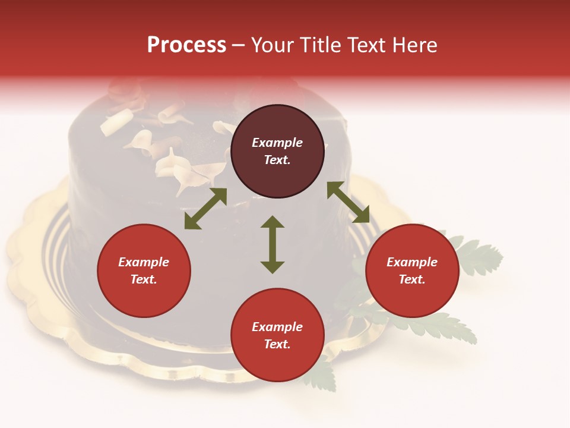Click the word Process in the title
click(186, 45)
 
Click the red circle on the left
click(144, 295)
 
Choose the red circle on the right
click(412, 295)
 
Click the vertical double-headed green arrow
click(273, 245)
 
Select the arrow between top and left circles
click(205, 209)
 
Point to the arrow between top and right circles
click(348, 202)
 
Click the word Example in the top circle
click(277, 143)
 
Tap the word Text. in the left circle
click(144, 279)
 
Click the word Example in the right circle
click(412, 262)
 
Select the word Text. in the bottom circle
click(277, 344)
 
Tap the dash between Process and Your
click(238, 45)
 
